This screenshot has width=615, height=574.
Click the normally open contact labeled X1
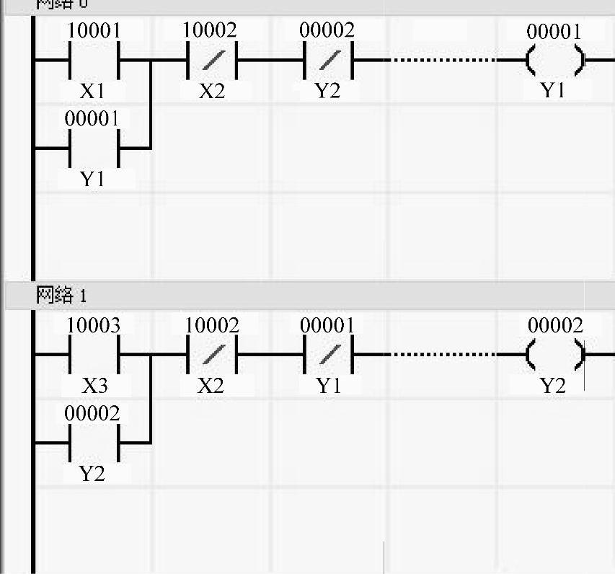pyautogui.click(x=93, y=61)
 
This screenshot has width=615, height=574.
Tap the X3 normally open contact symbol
pyautogui.click(x=93, y=355)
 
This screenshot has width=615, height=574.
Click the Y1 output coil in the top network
pyautogui.click(x=554, y=61)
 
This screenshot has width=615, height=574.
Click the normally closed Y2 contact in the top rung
pyautogui.click(x=328, y=61)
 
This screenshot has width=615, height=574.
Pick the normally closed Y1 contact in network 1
pyautogui.click(x=329, y=355)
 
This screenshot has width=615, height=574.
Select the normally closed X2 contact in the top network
pyautogui.click(x=211, y=61)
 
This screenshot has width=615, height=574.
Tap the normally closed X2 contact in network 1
pyautogui.click(x=211, y=355)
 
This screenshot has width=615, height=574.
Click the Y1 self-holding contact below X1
pyautogui.click(x=93, y=149)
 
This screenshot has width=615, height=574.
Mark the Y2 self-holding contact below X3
pyautogui.click(x=93, y=443)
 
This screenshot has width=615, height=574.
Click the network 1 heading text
pyautogui.click(x=61, y=295)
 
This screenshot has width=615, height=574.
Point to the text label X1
pyautogui.click(x=93, y=92)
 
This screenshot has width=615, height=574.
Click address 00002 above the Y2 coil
pyautogui.click(x=554, y=326)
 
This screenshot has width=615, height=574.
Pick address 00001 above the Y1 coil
pyautogui.click(x=554, y=32)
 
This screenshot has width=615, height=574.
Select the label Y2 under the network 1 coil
pyautogui.click(x=553, y=386)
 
